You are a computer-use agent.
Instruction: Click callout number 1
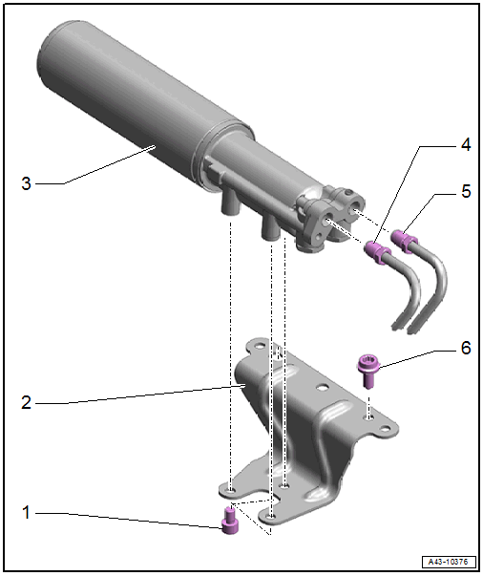pos(26,512)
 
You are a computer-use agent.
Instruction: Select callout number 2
pos(26,402)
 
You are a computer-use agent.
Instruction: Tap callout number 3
pos(26,183)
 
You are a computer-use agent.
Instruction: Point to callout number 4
pos(466,145)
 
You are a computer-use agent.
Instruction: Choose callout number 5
pos(466,191)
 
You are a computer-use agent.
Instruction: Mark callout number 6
pos(466,348)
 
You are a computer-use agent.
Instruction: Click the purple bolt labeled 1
pos(230,521)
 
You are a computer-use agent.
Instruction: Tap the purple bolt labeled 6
pos(367,370)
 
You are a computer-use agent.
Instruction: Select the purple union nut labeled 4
pos(376,251)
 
